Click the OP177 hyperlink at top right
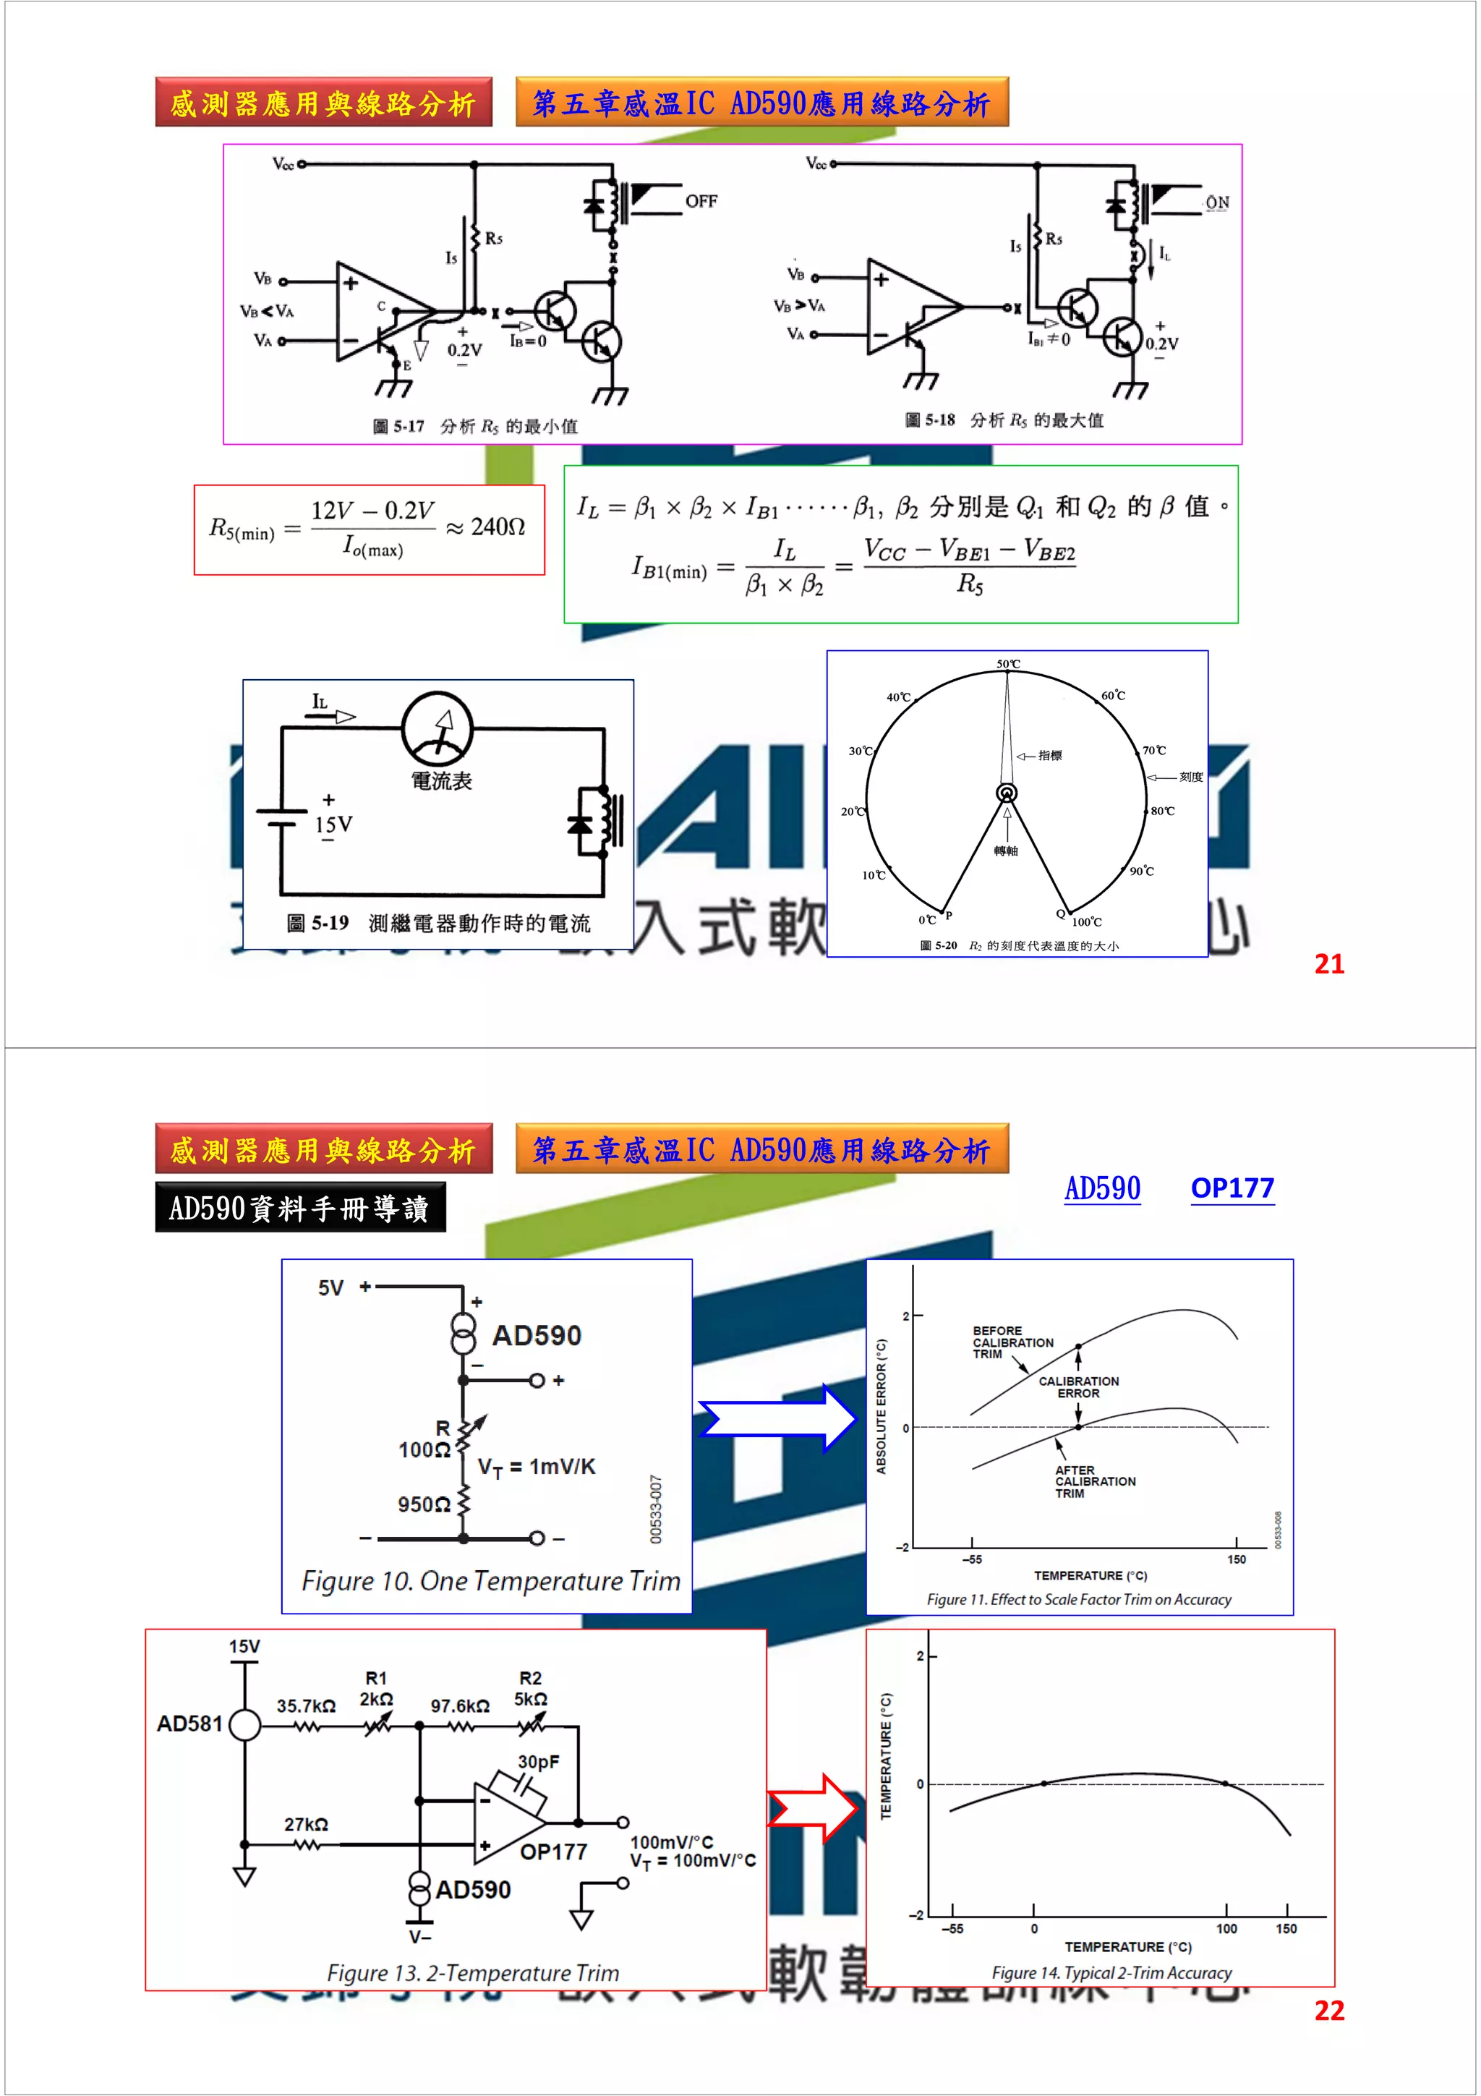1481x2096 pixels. (1232, 1188)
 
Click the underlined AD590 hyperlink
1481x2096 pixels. (1102, 1188)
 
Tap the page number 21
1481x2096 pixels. (1328, 964)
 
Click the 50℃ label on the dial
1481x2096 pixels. (1008, 664)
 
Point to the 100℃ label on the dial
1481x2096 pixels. (1087, 922)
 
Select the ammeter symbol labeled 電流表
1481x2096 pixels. (438, 728)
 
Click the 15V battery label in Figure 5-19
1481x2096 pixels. (333, 825)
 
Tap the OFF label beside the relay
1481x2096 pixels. (701, 201)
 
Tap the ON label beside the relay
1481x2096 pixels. (1217, 202)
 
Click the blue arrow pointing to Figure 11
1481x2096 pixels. (778, 1418)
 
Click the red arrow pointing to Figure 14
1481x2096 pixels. (813, 1807)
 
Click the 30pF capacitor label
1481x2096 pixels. (538, 1762)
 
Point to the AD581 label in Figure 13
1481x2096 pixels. (189, 1724)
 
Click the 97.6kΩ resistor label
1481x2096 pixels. (460, 1705)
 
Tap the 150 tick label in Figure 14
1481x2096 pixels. (1286, 1929)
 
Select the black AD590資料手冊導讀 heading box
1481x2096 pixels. (300, 1208)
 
